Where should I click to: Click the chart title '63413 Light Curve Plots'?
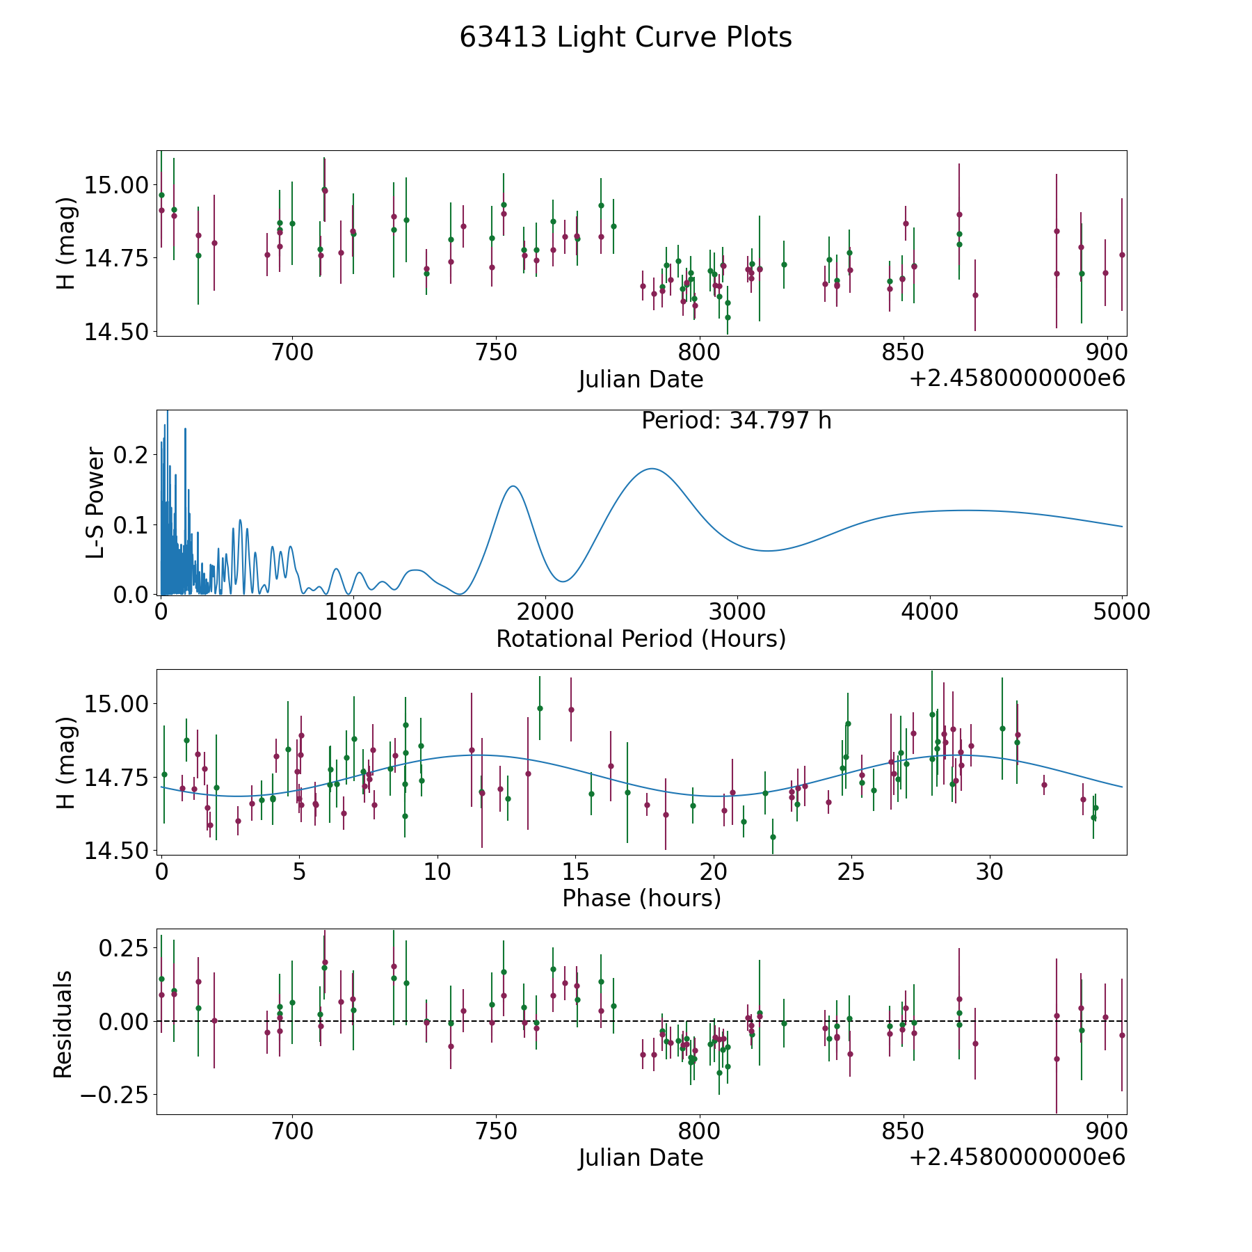click(x=625, y=38)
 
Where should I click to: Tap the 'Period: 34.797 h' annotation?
click(x=736, y=421)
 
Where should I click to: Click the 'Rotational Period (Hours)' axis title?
click(x=641, y=639)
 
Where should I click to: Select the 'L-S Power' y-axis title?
click(x=95, y=503)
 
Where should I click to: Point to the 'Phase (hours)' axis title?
click(x=641, y=898)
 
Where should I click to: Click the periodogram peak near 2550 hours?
click(x=651, y=469)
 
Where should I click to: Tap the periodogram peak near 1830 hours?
click(x=513, y=486)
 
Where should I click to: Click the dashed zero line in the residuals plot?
click(x=641, y=1021)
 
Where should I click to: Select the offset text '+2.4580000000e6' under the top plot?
click(x=1017, y=378)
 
